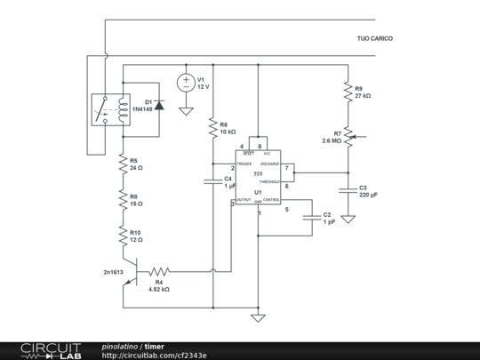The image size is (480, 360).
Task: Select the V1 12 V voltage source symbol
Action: coord(187,83)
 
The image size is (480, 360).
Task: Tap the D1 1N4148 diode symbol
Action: coord(159,105)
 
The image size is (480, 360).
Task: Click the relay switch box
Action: coord(107,110)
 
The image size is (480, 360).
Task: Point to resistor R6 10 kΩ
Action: coord(212,128)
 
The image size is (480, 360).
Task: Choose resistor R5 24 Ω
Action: coord(124,164)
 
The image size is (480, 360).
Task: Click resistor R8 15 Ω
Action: coord(124,200)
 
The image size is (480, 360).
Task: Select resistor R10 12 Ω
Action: coord(124,236)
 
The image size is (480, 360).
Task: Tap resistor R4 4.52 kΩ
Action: coord(159,271)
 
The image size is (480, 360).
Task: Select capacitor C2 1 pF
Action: coord(312,217)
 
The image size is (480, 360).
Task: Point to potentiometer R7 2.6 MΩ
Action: coord(348,137)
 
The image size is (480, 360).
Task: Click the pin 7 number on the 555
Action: coord(286,168)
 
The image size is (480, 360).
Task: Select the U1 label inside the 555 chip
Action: coord(257,192)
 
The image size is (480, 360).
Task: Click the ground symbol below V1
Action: coord(187,111)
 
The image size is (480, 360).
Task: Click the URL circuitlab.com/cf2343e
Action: coord(155,355)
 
